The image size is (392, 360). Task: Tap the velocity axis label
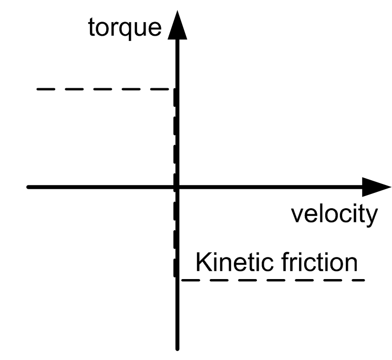click(334, 214)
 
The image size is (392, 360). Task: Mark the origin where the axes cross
click(177, 187)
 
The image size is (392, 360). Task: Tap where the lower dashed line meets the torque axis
click(178, 280)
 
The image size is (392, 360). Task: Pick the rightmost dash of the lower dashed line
click(358, 280)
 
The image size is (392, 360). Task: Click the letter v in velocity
click(296, 215)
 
